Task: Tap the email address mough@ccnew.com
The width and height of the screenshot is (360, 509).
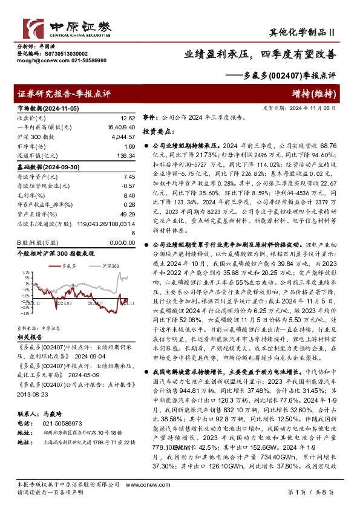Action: (35, 61)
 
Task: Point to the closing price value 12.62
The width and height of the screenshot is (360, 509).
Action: (128, 118)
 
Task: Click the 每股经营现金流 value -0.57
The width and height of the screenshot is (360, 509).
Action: (128, 186)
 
